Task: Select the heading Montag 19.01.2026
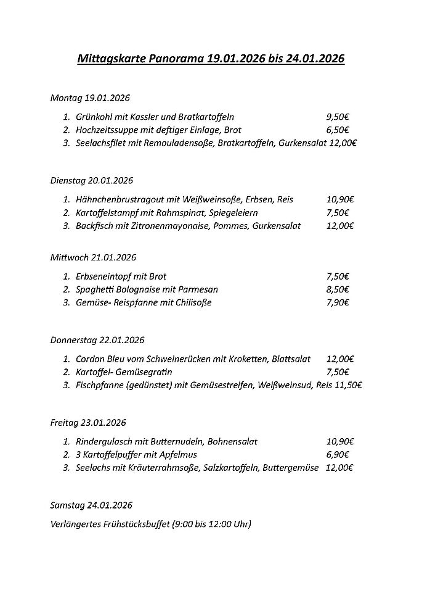(x=90, y=98)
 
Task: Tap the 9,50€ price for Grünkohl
(x=338, y=117)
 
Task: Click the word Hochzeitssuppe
(x=107, y=130)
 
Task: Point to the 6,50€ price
(x=338, y=130)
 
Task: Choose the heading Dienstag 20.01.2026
(x=92, y=180)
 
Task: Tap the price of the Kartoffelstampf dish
(x=338, y=213)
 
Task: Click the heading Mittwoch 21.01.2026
(x=93, y=257)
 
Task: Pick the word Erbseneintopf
(x=105, y=276)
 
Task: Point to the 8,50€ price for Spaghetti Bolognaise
(x=338, y=289)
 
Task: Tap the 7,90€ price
(x=338, y=302)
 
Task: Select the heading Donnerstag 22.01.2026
(x=97, y=340)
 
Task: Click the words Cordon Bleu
(x=100, y=359)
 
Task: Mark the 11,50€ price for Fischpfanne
(x=349, y=385)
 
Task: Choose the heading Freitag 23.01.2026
(x=88, y=423)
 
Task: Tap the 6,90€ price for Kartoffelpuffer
(x=338, y=455)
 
